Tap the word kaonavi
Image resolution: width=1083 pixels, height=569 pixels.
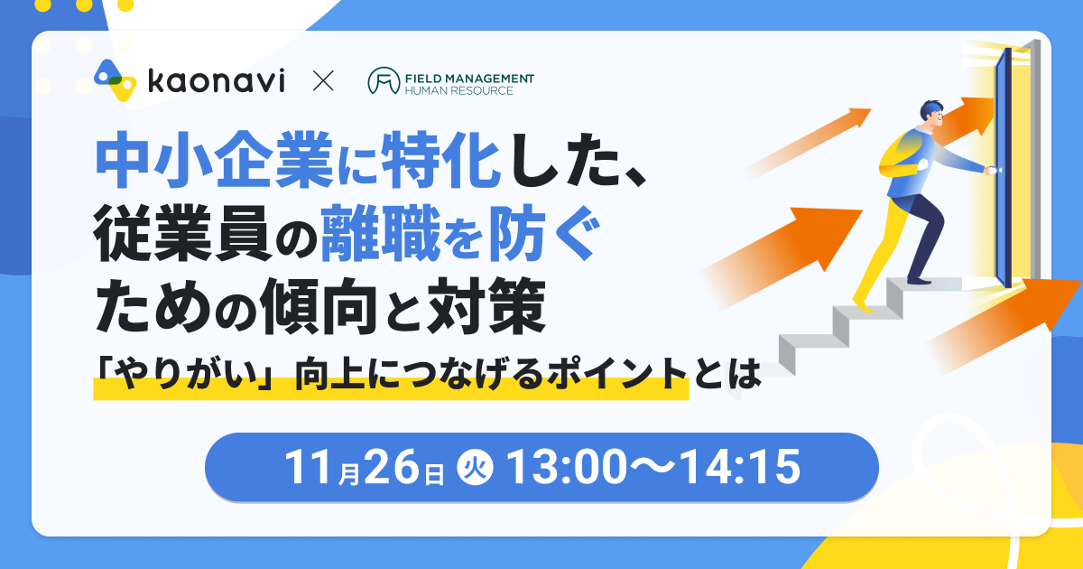216,80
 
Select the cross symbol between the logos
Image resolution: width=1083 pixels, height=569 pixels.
323,80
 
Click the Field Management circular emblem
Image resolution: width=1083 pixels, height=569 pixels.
384,80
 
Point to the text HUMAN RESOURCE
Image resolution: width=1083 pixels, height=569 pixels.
458,90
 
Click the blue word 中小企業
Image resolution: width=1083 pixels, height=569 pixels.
214,160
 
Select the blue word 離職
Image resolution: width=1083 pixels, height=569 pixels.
381,233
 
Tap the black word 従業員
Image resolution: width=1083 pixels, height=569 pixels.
181,233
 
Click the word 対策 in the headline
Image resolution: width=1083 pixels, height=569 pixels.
486,306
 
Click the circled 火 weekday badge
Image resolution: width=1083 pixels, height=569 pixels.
475,467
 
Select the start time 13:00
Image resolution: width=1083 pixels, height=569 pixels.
566,466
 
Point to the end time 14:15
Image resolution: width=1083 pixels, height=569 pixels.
741,466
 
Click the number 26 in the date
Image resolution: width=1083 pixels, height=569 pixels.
391,466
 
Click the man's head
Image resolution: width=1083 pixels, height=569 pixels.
931,116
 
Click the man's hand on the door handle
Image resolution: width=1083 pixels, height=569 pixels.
991,170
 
